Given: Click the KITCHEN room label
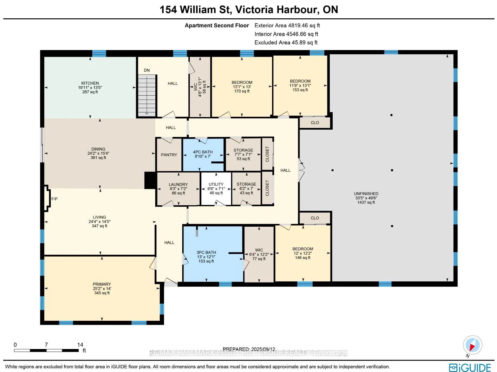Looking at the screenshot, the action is click(x=90, y=83).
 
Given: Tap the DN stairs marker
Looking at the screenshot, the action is click(x=147, y=70).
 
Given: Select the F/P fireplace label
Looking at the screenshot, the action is click(x=54, y=199).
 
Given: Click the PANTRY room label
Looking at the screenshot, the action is click(x=169, y=155).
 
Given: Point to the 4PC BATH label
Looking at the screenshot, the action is click(x=203, y=152).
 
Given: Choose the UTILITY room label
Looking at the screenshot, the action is click(x=216, y=184).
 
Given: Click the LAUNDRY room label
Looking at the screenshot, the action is click(x=178, y=185).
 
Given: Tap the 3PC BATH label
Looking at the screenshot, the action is click(x=206, y=252).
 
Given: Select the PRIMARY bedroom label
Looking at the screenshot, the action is click(x=102, y=284).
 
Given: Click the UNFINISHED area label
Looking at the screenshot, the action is click(x=366, y=194).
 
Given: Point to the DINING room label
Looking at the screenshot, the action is click(x=98, y=149).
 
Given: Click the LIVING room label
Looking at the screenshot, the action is click(x=99, y=217).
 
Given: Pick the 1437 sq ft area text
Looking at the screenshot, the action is click(x=366, y=202).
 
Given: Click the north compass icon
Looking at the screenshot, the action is click(x=472, y=345).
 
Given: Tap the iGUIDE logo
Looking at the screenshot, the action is click(x=470, y=367).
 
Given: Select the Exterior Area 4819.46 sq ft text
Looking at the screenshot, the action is click(x=287, y=25).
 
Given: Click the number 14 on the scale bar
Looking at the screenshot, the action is click(x=80, y=345).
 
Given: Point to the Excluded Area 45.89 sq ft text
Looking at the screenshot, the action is click(x=286, y=43).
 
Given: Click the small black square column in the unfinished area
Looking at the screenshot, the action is click(x=332, y=170).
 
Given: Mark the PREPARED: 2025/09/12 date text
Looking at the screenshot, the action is click(x=249, y=349).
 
